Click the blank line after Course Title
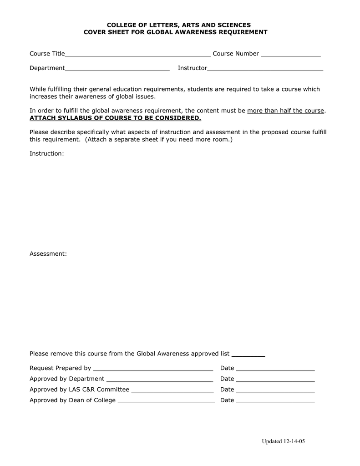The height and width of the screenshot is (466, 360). coord(138,56)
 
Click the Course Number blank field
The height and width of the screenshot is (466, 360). coord(291,56)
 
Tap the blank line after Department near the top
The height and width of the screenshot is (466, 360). coord(117,70)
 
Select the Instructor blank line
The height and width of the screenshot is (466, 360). coord(265,70)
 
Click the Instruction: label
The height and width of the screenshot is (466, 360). coord(47,154)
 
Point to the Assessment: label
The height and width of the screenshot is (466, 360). coord(48,253)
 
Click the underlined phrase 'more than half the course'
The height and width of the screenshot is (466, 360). coord(286,111)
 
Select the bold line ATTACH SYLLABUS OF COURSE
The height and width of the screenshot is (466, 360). coord(115,118)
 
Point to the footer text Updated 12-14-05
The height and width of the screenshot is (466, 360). coord(283,442)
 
